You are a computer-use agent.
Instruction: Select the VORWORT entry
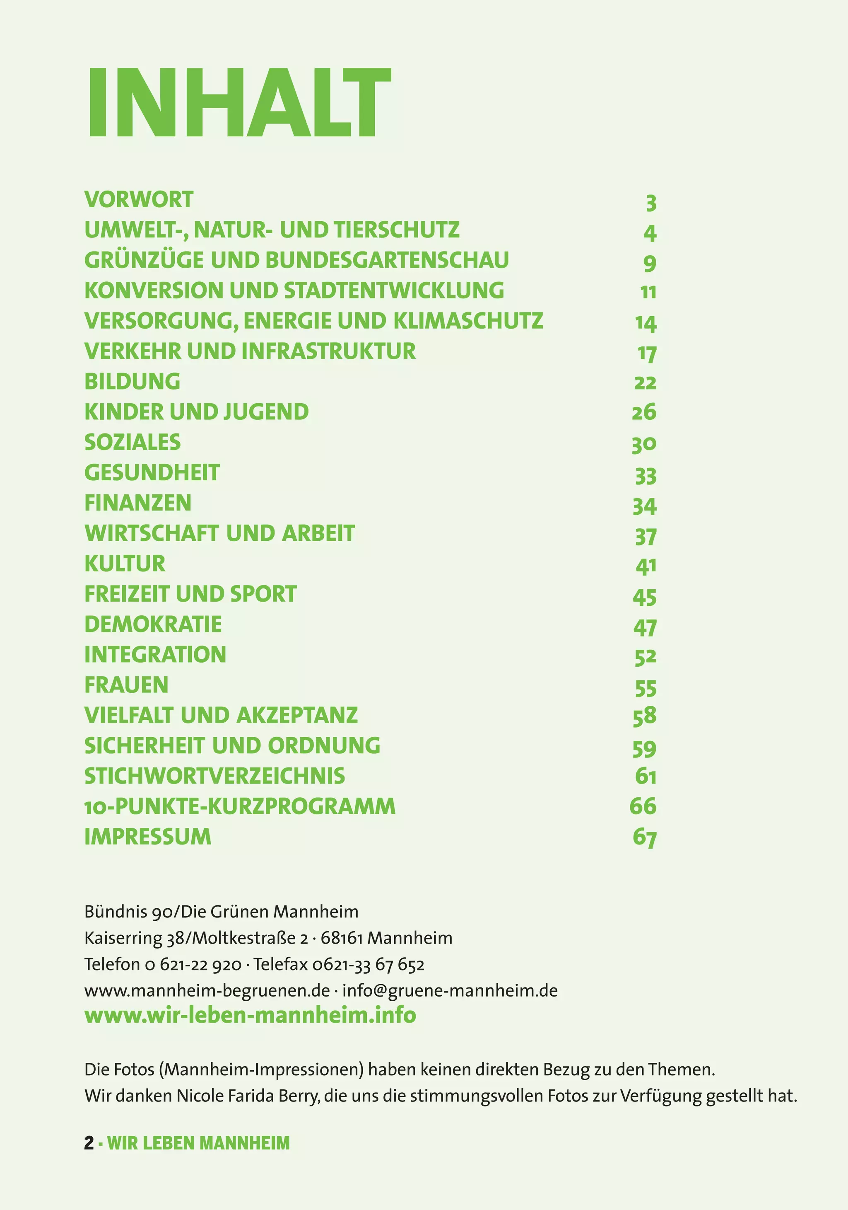pyautogui.click(x=139, y=200)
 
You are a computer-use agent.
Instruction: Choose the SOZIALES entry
pyautogui.click(x=132, y=442)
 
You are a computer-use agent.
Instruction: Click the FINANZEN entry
pyautogui.click(x=138, y=503)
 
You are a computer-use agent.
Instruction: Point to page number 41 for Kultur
pyautogui.click(x=646, y=566)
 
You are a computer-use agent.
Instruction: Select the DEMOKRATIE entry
pyautogui.click(x=153, y=624)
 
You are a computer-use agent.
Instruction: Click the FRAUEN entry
pyautogui.click(x=126, y=685)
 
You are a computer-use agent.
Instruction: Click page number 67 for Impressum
pyautogui.click(x=645, y=837)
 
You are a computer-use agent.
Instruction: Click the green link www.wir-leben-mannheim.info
pyautogui.click(x=250, y=1015)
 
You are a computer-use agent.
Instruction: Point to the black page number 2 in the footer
pyautogui.click(x=89, y=1142)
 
